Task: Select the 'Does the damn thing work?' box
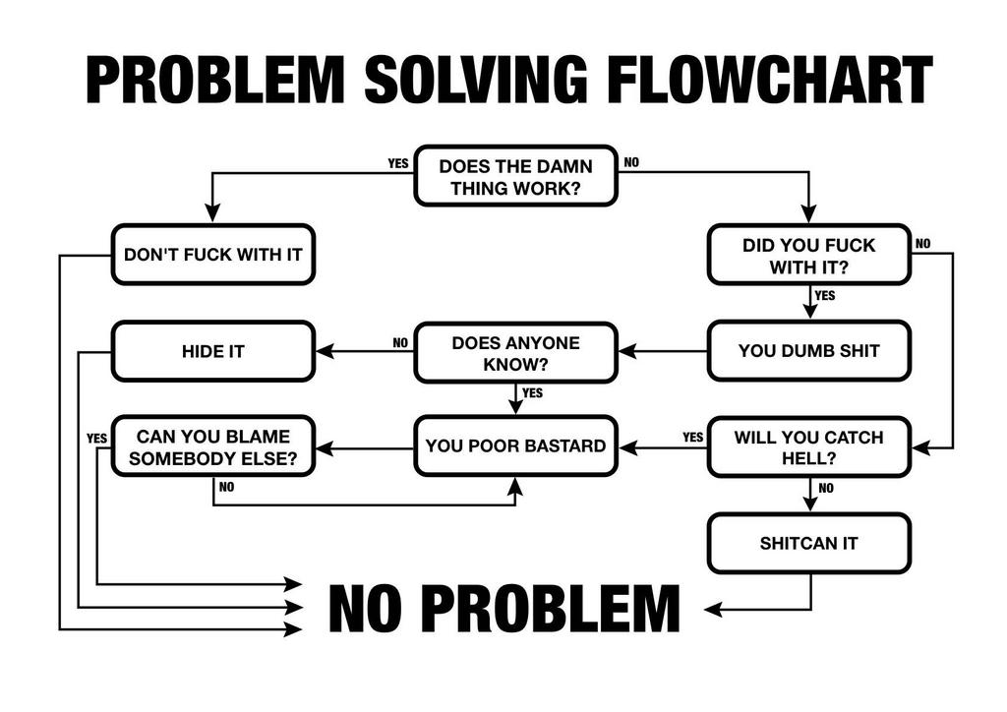pos(515,176)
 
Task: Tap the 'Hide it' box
pos(212,351)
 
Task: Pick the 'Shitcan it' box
pos(808,543)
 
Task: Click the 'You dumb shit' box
pos(808,351)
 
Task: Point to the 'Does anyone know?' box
pos(515,353)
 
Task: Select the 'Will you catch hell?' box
pos(808,447)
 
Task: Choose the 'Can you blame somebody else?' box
pos(212,447)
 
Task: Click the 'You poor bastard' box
pos(515,446)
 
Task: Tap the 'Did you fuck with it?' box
pos(808,255)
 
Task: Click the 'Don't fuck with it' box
pos(212,255)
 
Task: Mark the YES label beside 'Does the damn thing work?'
pos(397,164)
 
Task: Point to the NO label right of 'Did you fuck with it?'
pos(923,244)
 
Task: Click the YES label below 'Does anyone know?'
pos(532,393)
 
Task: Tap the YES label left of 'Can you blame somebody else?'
pos(96,439)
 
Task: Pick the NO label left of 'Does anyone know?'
pos(400,343)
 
